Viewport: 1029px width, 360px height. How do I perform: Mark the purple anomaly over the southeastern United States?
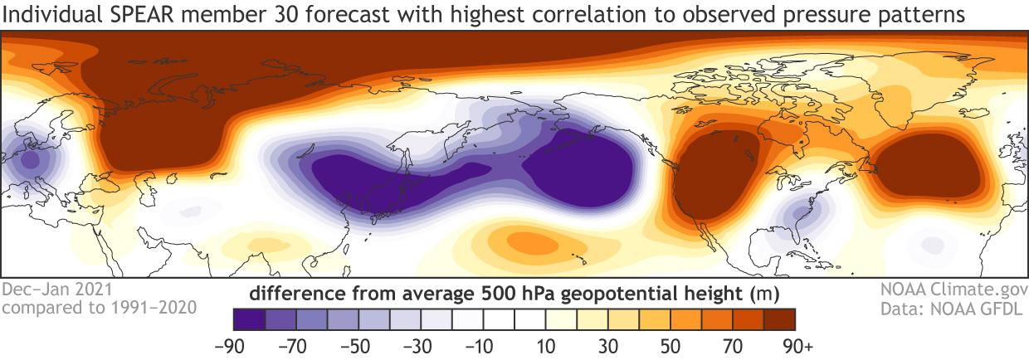(798, 216)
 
